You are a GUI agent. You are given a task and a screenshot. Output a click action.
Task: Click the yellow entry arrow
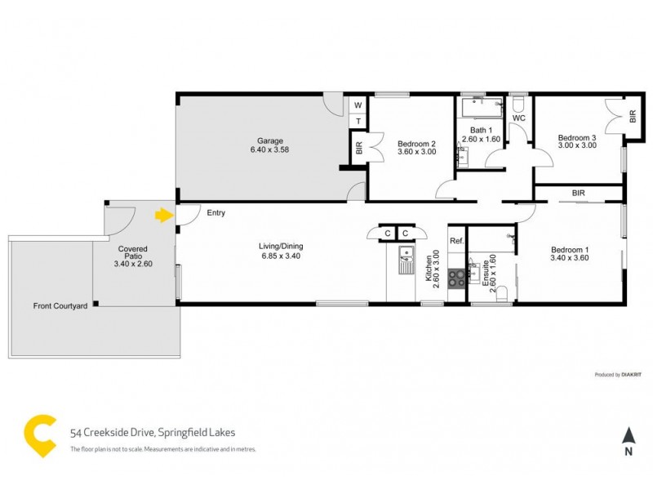click(164, 216)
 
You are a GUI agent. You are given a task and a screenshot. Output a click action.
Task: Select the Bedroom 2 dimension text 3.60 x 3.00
click(416, 152)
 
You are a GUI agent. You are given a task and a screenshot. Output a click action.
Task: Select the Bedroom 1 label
click(570, 249)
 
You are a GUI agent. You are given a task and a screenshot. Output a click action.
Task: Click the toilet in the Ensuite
click(504, 292)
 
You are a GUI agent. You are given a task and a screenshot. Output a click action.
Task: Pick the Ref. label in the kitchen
click(455, 241)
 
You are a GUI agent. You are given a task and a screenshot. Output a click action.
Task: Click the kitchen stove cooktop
click(455, 275)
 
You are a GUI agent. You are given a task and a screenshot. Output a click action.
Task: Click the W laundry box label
click(357, 105)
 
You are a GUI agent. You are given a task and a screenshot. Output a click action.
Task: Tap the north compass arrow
click(628, 437)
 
